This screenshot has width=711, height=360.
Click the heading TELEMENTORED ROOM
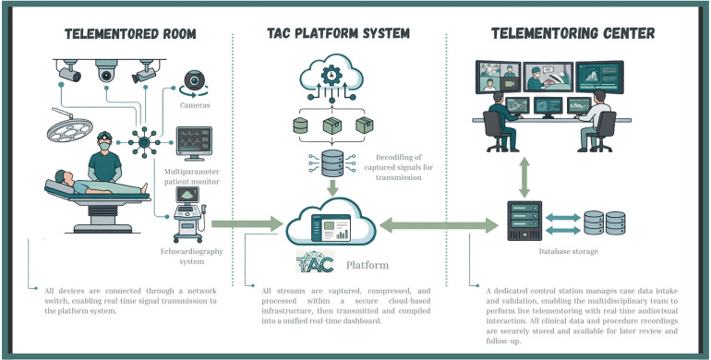tap(130, 33)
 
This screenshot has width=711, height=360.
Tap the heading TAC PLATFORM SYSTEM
tap(338, 33)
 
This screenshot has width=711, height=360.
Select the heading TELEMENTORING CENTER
tap(573, 33)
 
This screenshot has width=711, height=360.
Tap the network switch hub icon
tap(144, 142)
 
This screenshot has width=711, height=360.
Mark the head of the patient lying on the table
tap(61, 176)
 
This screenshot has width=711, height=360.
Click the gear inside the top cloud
tap(331, 75)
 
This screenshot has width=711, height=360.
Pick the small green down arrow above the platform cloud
tap(332, 187)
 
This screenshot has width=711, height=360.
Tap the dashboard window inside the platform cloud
tap(331, 227)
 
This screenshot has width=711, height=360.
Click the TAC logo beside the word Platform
tap(315, 261)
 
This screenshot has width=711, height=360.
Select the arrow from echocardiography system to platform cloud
tap(247, 223)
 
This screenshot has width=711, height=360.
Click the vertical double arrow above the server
tap(524, 177)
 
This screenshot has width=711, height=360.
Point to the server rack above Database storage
tap(524, 221)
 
